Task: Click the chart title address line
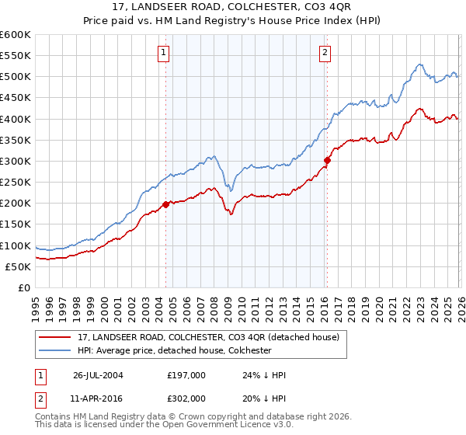pos(232,6)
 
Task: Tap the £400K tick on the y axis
pos(16,119)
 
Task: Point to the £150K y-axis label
pos(16,224)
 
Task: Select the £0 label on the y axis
pos(25,287)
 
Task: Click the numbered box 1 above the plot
pos(165,53)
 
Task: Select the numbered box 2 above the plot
pos(324,53)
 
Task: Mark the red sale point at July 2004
pos(166,204)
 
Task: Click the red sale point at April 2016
pos(327,161)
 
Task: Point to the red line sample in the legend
pos(55,338)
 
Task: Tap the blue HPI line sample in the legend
pos(55,351)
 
